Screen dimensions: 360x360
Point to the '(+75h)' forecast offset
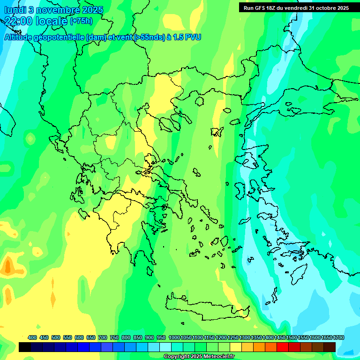coord(81,21)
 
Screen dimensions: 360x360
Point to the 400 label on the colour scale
coord(32,337)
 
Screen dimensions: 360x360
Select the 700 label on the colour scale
coord(102,337)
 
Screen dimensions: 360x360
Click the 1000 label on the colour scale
coord(174,337)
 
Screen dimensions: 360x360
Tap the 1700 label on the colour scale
coord(339,337)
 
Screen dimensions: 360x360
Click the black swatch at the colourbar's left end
coord(25,347)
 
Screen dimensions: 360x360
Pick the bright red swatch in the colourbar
coord(283,347)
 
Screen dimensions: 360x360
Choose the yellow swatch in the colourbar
coord(236,347)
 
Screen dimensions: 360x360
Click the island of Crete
coord(206,307)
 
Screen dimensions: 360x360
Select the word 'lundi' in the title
coord(15,10)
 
